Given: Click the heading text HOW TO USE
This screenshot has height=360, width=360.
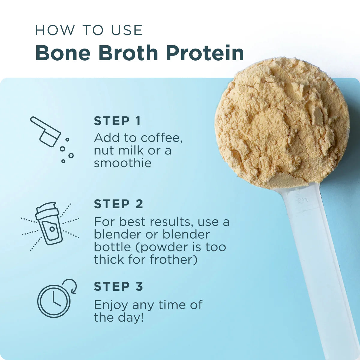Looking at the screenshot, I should (x=89, y=30).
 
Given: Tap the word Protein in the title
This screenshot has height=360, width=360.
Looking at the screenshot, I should (x=205, y=53).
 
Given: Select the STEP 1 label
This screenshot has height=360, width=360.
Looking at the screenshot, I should (x=117, y=121).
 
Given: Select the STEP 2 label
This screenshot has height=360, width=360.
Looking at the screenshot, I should (x=118, y=204).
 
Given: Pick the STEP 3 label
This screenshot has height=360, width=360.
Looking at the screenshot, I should (x=118, y=286).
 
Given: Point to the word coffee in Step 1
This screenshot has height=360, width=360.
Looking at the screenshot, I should (x=161, y=138).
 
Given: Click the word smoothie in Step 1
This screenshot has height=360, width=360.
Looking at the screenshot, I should (x=123, y=163).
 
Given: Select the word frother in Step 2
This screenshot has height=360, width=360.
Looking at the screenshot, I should (x=174, y=259).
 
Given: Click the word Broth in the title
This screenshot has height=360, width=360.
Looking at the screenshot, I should (x=128, y=53).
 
